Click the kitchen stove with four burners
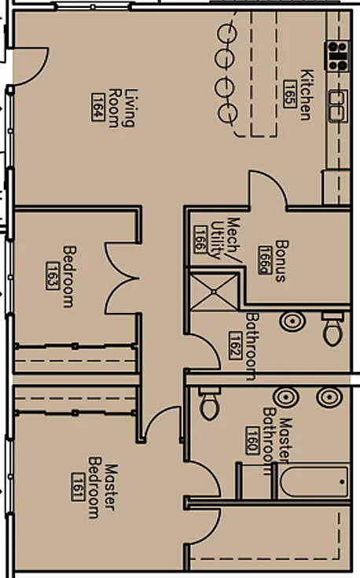point(337,57)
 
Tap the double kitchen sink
point(337,106)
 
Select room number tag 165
point(290,94)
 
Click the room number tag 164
point(97,107)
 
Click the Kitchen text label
point(307,94)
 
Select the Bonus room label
point(281,261)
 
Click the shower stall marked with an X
point(214,291)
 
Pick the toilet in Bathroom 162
point(332,329)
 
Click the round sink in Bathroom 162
point(292,321)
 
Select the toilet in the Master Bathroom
point(209,403)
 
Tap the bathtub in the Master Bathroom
point(314,481)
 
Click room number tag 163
point(53,276)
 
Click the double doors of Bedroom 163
point(123,278)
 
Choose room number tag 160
point(252,440)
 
